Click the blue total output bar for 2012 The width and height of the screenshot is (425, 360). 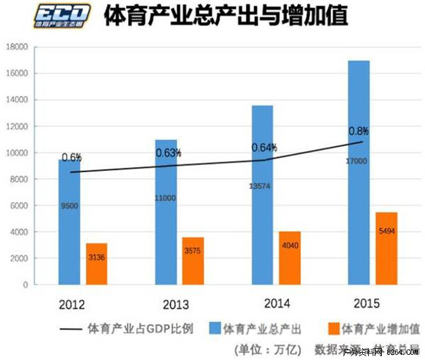[69, 223]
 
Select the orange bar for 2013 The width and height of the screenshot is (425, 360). [193, 261]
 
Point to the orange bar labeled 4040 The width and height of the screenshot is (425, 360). [290, 258]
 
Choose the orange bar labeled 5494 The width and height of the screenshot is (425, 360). [386, 249]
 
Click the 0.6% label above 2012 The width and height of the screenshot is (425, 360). [71, 157]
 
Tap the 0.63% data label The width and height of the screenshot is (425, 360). [168, 153]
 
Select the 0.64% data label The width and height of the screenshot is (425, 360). [265, 147]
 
